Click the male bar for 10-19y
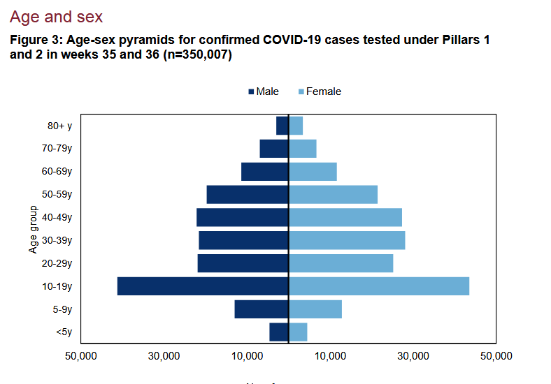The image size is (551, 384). click(x=203, y=286)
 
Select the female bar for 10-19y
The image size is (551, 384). click(x=379, y=286)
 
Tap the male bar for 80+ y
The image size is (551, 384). click(x=282, y=126)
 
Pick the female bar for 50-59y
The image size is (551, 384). click(x=334, y=195)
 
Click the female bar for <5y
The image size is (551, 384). click(x=299, y=332)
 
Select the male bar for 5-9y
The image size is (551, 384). click(x=262, y=309)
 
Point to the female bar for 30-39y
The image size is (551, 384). click(x=348, y=240)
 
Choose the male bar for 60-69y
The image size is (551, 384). click(x=265, y=172)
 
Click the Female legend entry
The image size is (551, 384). click(x=320, y=91)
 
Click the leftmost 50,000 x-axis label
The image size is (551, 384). click(x=81, y=357)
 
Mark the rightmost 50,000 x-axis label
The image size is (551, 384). click(x=496, y=357)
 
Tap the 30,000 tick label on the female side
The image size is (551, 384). click(x=413, y=357)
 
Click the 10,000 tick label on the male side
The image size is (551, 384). click(x=247, y=357)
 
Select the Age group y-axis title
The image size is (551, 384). click(x=33, y=229)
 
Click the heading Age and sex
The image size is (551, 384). click(x=56, y=16)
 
